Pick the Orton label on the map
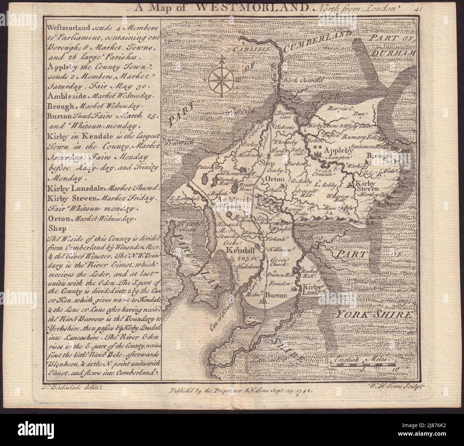(274, 179)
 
